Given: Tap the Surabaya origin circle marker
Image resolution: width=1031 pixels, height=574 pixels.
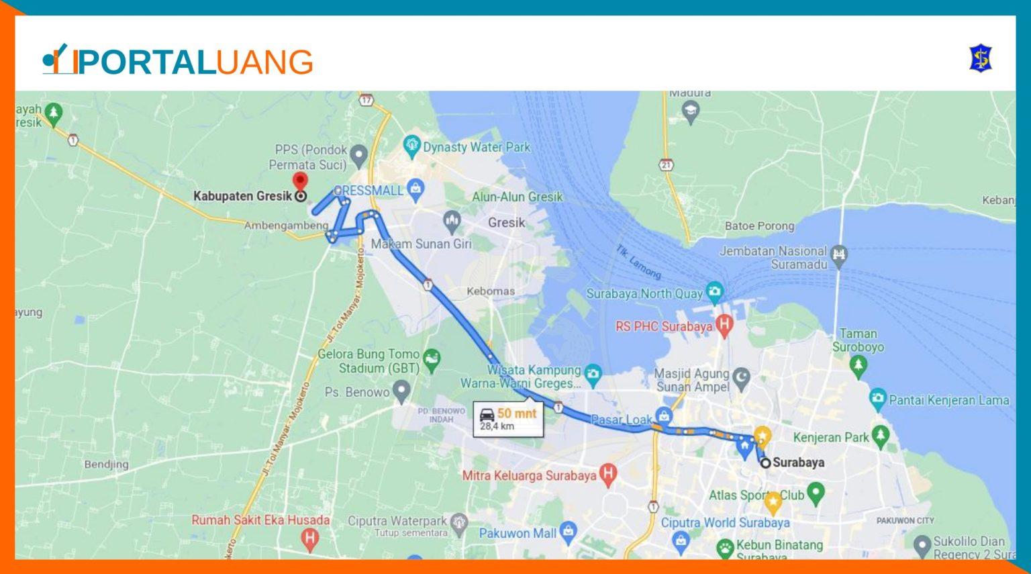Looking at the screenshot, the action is point(765,463).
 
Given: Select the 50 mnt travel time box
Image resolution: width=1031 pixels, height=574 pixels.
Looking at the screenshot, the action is point(508,419).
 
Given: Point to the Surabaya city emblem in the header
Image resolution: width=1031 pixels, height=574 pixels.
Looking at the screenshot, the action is point(981,58).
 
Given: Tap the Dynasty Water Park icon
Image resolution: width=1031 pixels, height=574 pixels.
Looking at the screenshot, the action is point(411,145).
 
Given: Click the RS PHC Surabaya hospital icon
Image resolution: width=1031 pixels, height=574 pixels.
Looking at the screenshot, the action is point(724,325).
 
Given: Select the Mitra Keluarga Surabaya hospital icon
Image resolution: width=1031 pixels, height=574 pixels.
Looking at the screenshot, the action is point(607,474).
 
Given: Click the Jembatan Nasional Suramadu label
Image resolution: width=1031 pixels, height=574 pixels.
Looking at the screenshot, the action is point(773,258).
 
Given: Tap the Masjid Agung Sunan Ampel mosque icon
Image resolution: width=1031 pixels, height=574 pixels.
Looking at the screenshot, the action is point(741,378).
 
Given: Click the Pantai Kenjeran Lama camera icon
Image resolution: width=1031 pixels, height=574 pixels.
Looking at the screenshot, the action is point(877,399).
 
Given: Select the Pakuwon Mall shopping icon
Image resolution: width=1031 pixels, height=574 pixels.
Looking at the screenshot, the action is point(568,532).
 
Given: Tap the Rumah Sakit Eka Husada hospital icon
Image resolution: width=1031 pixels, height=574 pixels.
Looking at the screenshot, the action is point(309,538).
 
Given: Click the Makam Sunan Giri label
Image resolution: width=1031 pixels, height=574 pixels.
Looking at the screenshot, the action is point(422,244).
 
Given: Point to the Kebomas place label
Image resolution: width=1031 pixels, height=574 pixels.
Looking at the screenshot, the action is point(491,291).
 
